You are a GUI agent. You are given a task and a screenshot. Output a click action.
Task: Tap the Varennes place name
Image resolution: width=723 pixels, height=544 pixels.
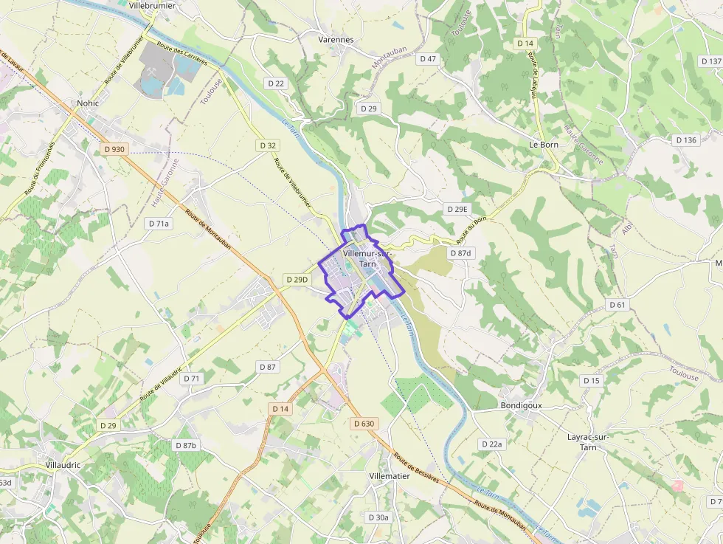point(336,39)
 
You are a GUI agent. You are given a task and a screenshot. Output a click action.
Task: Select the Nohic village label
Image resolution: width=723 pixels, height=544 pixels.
point(88,103)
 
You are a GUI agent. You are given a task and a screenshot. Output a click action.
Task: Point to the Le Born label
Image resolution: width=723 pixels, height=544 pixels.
point(544,145)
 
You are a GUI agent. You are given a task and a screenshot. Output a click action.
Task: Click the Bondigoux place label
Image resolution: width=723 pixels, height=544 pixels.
point(521,405)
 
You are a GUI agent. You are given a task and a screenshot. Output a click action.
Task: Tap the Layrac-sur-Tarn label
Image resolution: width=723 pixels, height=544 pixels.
point(588,441)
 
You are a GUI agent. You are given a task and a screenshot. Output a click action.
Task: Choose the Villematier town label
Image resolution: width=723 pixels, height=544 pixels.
point(390,476)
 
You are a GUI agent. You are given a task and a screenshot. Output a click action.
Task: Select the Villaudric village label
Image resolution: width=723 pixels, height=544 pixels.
point(63,465)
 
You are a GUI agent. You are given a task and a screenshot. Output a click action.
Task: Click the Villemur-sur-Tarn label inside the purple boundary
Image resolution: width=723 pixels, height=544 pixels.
point(367,258)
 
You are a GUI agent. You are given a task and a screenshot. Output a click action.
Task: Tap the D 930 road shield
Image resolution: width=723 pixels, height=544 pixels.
point(114,149)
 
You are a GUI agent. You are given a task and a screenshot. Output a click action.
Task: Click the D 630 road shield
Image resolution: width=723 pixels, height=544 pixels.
point(364,424)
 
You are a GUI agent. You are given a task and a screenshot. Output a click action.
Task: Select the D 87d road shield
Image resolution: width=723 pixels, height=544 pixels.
point(460,253)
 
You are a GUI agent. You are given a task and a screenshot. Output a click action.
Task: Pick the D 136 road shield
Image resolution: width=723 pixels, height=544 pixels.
point(686,140)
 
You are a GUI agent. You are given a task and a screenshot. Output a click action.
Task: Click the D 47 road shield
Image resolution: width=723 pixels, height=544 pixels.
point(428,58)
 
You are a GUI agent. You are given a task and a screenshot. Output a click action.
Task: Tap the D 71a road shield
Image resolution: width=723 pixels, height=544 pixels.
point(159,223)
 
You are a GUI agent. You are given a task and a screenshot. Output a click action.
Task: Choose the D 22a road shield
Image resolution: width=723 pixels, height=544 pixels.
point(491,444)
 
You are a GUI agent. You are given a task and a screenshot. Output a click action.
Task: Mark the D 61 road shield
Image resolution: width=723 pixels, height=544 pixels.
point(618,305)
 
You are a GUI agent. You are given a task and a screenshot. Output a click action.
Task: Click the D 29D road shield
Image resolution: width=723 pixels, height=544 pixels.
point(297,280)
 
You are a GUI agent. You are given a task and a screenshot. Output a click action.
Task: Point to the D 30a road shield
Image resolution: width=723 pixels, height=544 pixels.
point(378,517)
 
